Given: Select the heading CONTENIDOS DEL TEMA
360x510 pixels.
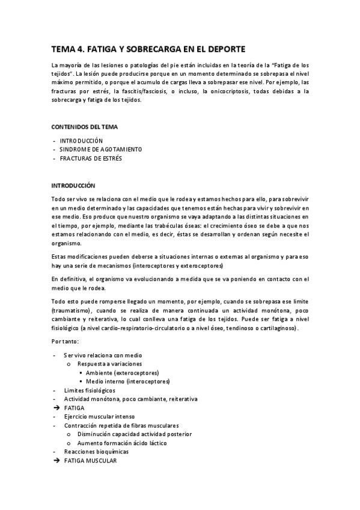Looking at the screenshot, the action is click(84, 127).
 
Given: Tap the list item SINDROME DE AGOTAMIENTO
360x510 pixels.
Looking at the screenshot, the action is click(101, 149).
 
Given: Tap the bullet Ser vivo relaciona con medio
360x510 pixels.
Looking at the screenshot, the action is click(102, 355).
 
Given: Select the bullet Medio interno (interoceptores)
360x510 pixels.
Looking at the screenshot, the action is click(127, 381).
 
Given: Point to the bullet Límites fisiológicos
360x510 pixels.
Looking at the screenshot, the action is click(90, 390).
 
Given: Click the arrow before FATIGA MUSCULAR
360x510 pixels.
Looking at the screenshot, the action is click(56, 461).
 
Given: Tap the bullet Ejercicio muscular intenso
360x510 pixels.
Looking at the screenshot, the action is click(99, 416).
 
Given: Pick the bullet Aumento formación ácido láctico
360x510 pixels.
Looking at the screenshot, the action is click(122, 443).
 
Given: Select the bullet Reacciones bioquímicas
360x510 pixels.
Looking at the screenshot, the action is click(96, 451).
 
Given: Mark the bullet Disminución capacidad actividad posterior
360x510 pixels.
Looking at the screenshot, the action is click(134, 434).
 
